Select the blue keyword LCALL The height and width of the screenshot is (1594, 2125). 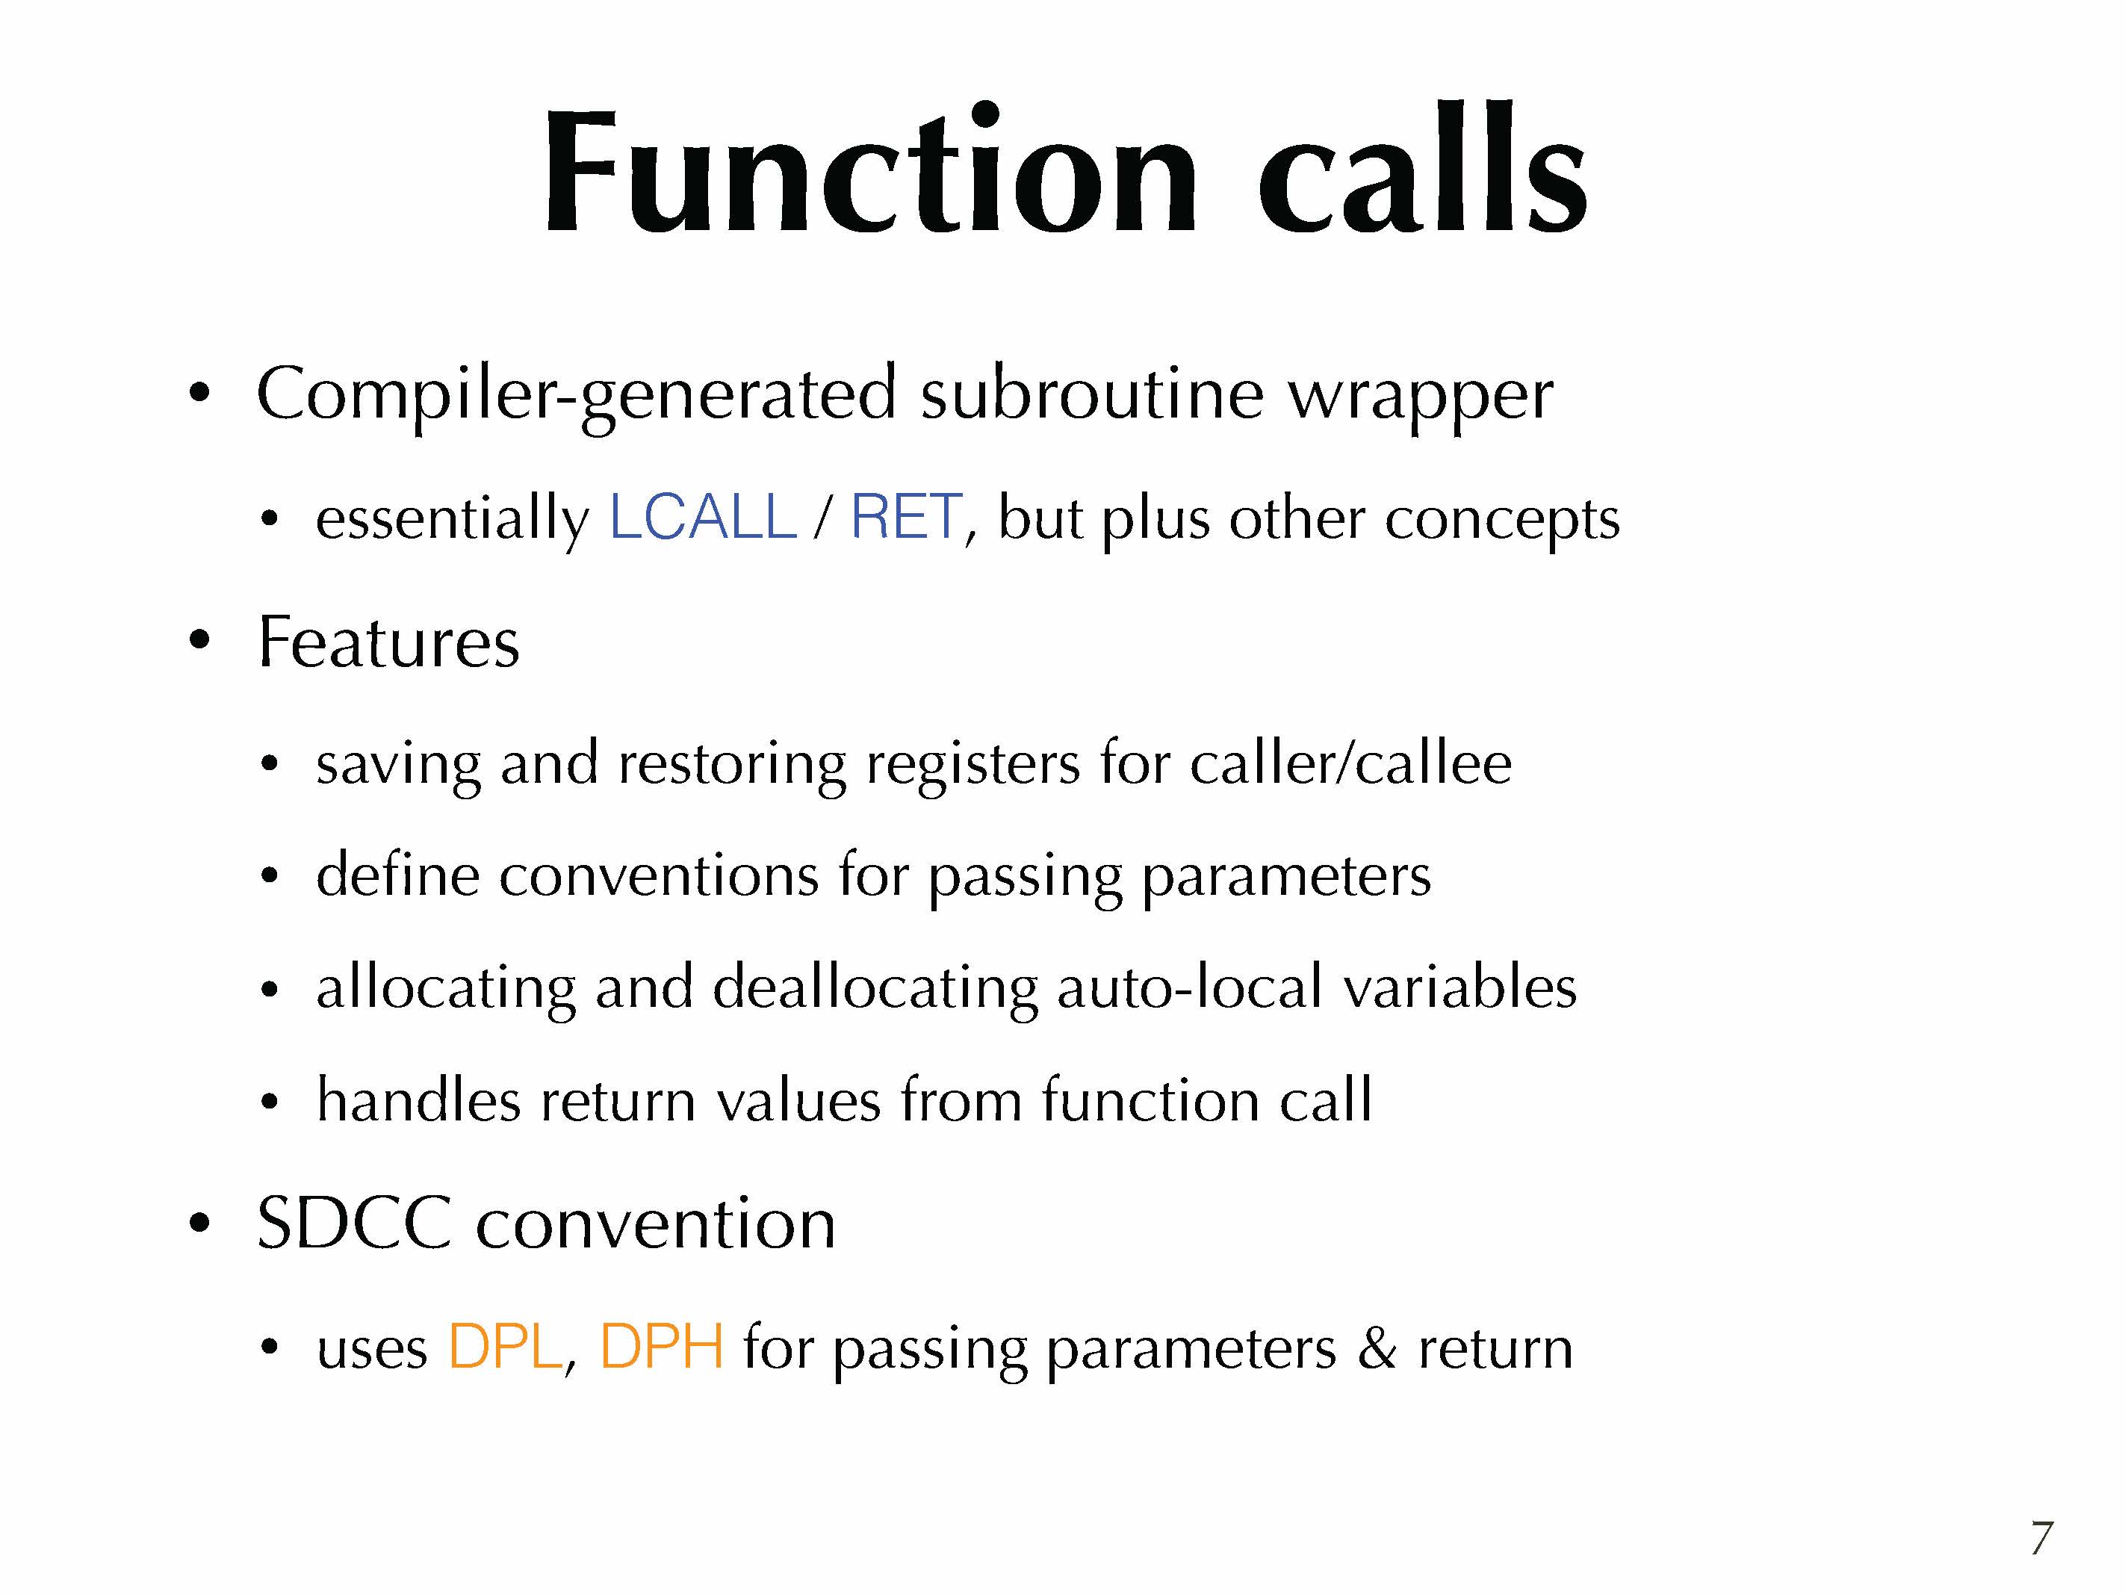click(x=703, y=516)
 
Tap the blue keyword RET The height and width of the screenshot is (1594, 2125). click(x=906, y=516)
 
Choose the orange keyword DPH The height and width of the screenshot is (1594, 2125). click(x=662, y=1346)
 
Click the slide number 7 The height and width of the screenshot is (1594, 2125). click(x=2041, y=1538)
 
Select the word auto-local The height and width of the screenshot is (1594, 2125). click(x=1189, y=987)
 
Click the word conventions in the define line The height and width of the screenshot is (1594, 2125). click(x=658, y=876)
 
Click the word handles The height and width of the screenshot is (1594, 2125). click(x=419, y=1100)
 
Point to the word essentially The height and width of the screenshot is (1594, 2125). click(x=453, y=519)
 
